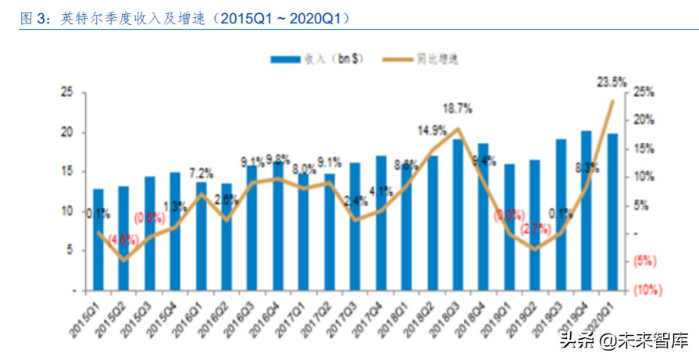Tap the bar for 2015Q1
pyautogui.click(x=98, y=239)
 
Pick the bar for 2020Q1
pyautogui.click(x=612, y=212)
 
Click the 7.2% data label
pyautogui.click(x=201, y=173)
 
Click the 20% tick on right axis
pyautogui.click(x=644, y=121)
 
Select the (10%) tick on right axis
pyautogui.click(x=647, y=289)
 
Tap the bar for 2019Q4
pyautogui.click(x=586, y=210)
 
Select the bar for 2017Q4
pyautogui.click(x=381, y=223)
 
